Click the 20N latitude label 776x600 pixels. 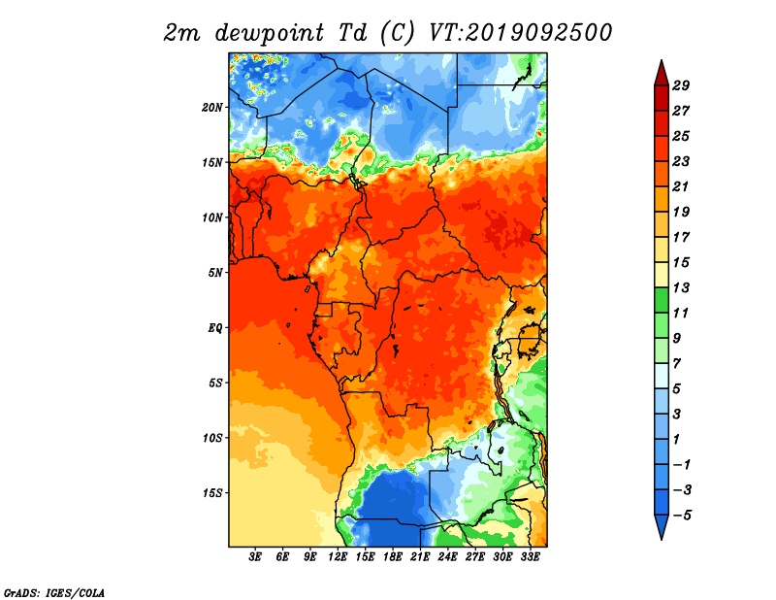212,108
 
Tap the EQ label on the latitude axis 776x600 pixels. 214,328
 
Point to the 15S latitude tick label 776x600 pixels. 212,493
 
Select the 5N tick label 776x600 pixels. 215,273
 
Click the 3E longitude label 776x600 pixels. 255,557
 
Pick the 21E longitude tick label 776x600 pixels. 420,557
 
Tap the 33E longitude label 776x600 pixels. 530,557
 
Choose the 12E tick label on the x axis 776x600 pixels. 337,557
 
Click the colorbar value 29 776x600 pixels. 681,85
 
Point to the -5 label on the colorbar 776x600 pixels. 682,516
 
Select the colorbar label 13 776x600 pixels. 681,287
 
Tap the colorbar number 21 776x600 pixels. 681,186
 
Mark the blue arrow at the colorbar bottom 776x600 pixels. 662,526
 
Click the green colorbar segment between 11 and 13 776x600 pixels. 662,300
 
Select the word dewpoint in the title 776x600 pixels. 270,34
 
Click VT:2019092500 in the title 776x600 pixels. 520,33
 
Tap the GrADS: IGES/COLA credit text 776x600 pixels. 54,592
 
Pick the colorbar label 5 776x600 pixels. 676,389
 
